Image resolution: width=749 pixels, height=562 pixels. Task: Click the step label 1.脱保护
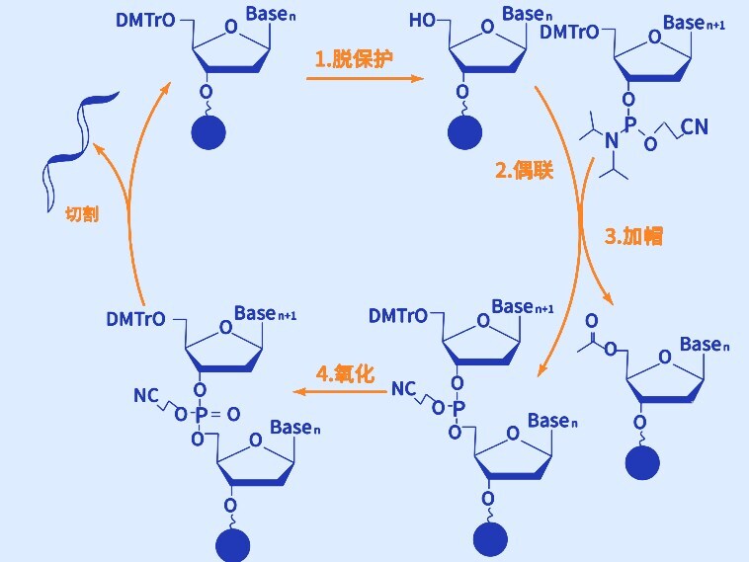point(354,58)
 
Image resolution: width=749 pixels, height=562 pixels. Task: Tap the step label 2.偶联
point(524,170)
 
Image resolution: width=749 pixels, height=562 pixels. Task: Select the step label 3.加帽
point(633,236)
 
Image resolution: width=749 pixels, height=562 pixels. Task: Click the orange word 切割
point(81,213)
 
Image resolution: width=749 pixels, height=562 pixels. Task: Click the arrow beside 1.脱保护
point(363,80)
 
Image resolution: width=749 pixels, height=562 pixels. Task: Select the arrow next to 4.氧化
point(342,392)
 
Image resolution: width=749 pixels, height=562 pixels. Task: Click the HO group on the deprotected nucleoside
point(423,20)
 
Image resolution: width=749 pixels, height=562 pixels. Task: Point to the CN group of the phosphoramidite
point(695,125)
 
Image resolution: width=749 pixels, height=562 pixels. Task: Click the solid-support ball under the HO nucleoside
point(463,131)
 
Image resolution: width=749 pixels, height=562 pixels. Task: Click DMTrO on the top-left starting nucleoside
point(146,20)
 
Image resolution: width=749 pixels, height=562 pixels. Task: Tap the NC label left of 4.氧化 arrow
point(403,389)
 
